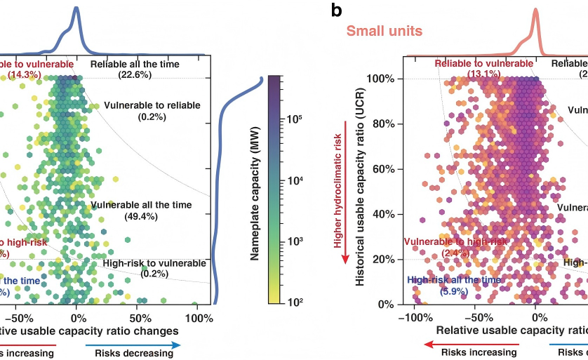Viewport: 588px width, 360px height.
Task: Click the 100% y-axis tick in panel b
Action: [382, 79]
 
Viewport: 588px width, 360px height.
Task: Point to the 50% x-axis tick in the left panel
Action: [138, 316]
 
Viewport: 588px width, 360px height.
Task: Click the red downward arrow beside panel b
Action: [345, 189]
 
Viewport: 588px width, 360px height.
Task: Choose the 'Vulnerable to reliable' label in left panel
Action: [152, 105]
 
